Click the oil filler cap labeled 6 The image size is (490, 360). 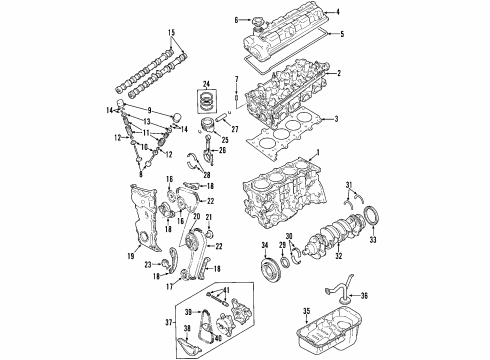tap(253, 20)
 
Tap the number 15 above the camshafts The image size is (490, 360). tap(170, 32)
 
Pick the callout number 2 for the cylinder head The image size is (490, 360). tap(339, 73)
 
